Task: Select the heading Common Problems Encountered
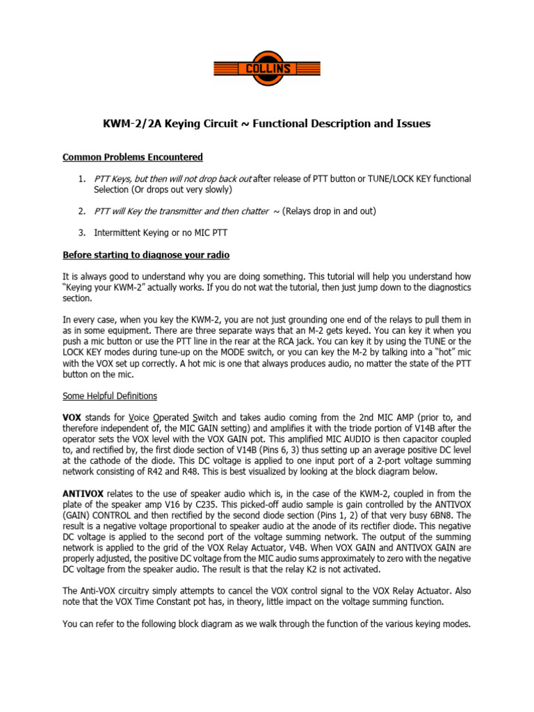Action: point(132,157)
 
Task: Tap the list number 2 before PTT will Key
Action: point(81,211)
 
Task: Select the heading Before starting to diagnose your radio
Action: point(146,254)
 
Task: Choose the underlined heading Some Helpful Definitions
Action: point(110,396)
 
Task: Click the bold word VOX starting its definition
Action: point(72,419)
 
